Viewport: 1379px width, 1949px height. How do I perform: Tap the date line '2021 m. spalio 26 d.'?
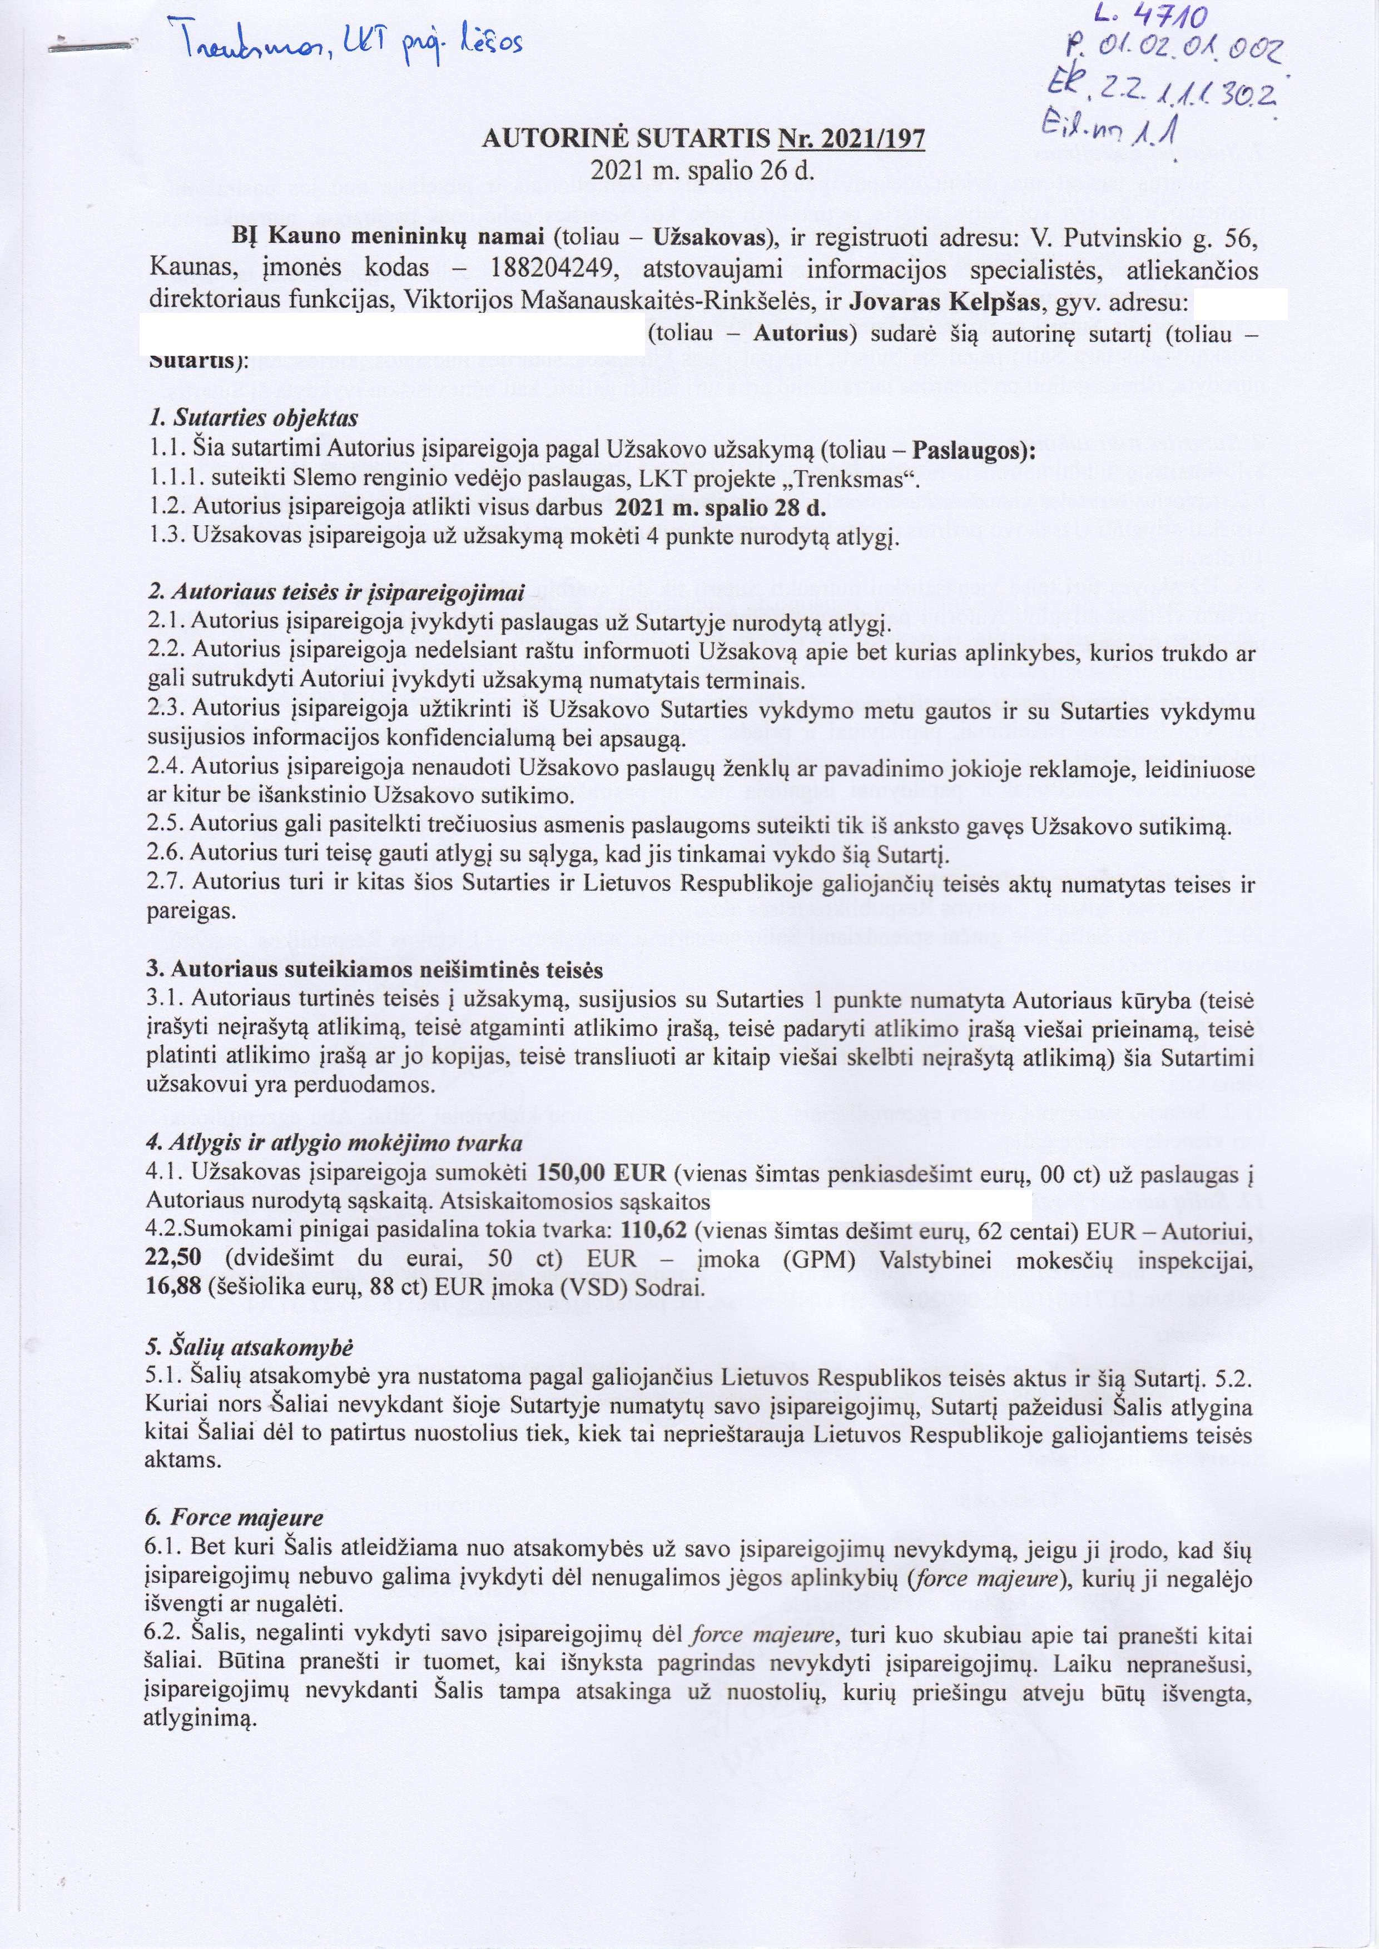point(702,171)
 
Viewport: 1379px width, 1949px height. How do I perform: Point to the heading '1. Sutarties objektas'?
point(252,418)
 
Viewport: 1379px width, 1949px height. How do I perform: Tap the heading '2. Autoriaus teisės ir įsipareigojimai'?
point(335,592)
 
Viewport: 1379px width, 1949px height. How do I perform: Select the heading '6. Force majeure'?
point(235,1517)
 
